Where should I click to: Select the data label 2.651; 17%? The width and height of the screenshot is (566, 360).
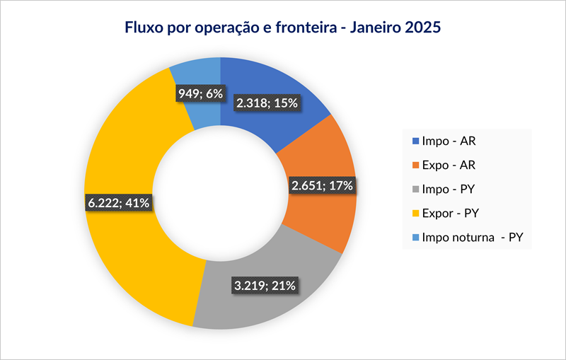[322, 186]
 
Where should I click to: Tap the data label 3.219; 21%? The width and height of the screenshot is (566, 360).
[265, 286]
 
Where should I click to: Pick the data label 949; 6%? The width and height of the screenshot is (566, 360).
[198, 92]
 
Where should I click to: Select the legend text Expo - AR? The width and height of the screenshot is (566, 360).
[450, 165]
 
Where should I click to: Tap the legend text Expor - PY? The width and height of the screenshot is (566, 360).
[452, 213]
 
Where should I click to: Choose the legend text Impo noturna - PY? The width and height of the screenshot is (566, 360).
[471, 237]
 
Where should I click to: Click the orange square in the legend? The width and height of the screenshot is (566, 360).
[415, 165]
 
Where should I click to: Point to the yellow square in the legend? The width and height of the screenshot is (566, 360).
[415, 213]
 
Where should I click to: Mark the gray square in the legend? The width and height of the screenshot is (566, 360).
[415, 189]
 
